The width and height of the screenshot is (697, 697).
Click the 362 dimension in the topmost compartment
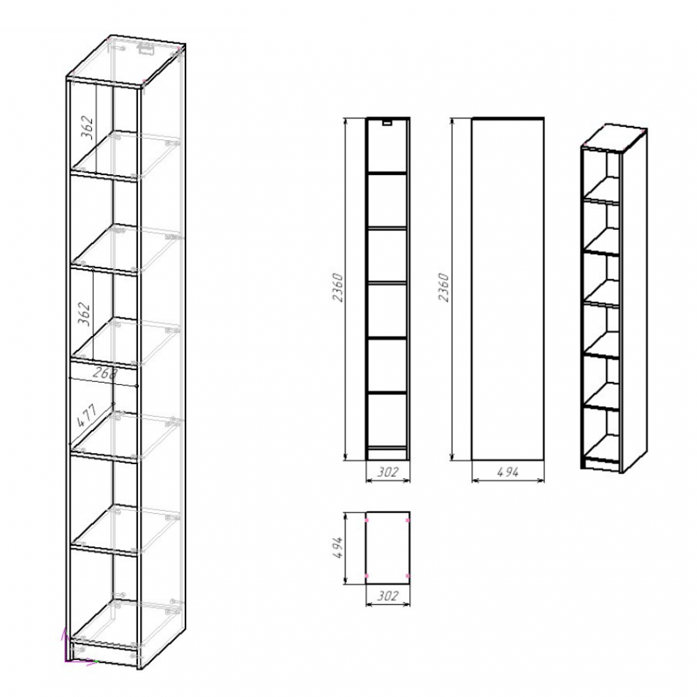(88, 127)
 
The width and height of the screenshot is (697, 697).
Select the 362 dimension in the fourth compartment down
(84, 314)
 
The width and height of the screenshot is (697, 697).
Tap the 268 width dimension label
(105, 373)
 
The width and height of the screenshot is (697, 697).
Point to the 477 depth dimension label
(86, 415)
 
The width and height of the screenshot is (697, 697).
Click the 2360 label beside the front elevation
(338, 288)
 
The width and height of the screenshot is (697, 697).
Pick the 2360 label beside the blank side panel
(443, 288)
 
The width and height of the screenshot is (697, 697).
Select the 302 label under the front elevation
(388, 472)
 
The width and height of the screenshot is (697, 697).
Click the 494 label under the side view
(507, 472)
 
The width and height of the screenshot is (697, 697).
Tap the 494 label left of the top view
(338, 548)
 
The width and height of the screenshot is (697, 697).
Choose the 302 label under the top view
(388, 595)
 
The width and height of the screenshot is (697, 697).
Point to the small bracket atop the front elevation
(388, 122)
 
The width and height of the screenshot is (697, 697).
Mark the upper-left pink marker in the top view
(367, 520)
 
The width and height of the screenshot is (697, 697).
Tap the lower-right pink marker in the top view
(408, 576)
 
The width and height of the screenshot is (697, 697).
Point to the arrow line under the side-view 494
(507, 480)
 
